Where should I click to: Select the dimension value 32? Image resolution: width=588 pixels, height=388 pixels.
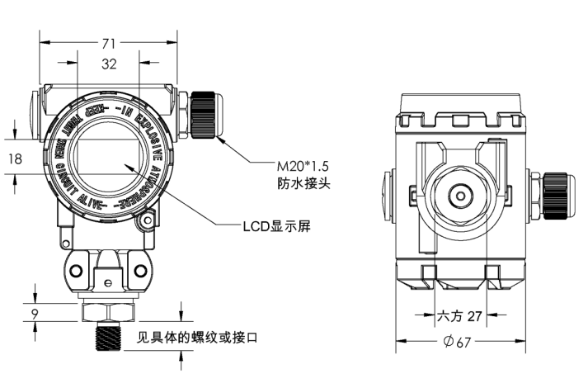click(108, 64)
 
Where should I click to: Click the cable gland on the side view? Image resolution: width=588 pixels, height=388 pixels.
click(557, 196)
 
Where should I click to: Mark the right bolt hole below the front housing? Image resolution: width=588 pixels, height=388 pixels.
click(141, 272)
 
